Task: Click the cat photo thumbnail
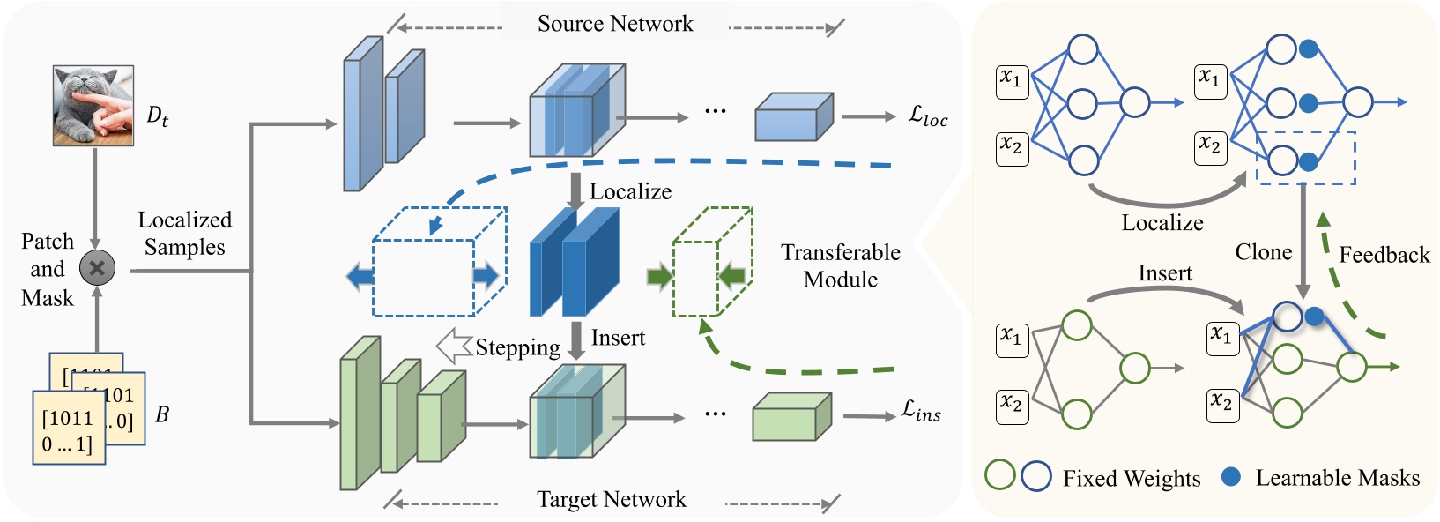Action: point(93,105)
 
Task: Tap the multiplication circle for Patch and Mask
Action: point(97,268)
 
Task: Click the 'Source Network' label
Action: point(615,24)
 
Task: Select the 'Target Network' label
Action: point(612,500)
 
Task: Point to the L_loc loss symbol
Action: point(928,116)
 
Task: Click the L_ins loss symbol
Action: point(921,411)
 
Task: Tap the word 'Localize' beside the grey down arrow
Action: point(630,191)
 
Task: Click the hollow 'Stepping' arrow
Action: point(455,347)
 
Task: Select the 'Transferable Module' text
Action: point(840,265)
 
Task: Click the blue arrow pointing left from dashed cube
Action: point(360,277)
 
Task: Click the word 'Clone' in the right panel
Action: point(1263,252)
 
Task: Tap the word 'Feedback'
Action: point(1384,255)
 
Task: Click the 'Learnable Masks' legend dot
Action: point(1231,477)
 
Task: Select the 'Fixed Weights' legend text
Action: point(1131,478)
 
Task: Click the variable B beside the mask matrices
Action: point(162,414)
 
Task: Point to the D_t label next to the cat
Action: point(157,116)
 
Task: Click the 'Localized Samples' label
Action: point(185,234)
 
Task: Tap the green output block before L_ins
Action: point(791,417)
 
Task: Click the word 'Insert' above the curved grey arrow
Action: point(1164,273)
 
